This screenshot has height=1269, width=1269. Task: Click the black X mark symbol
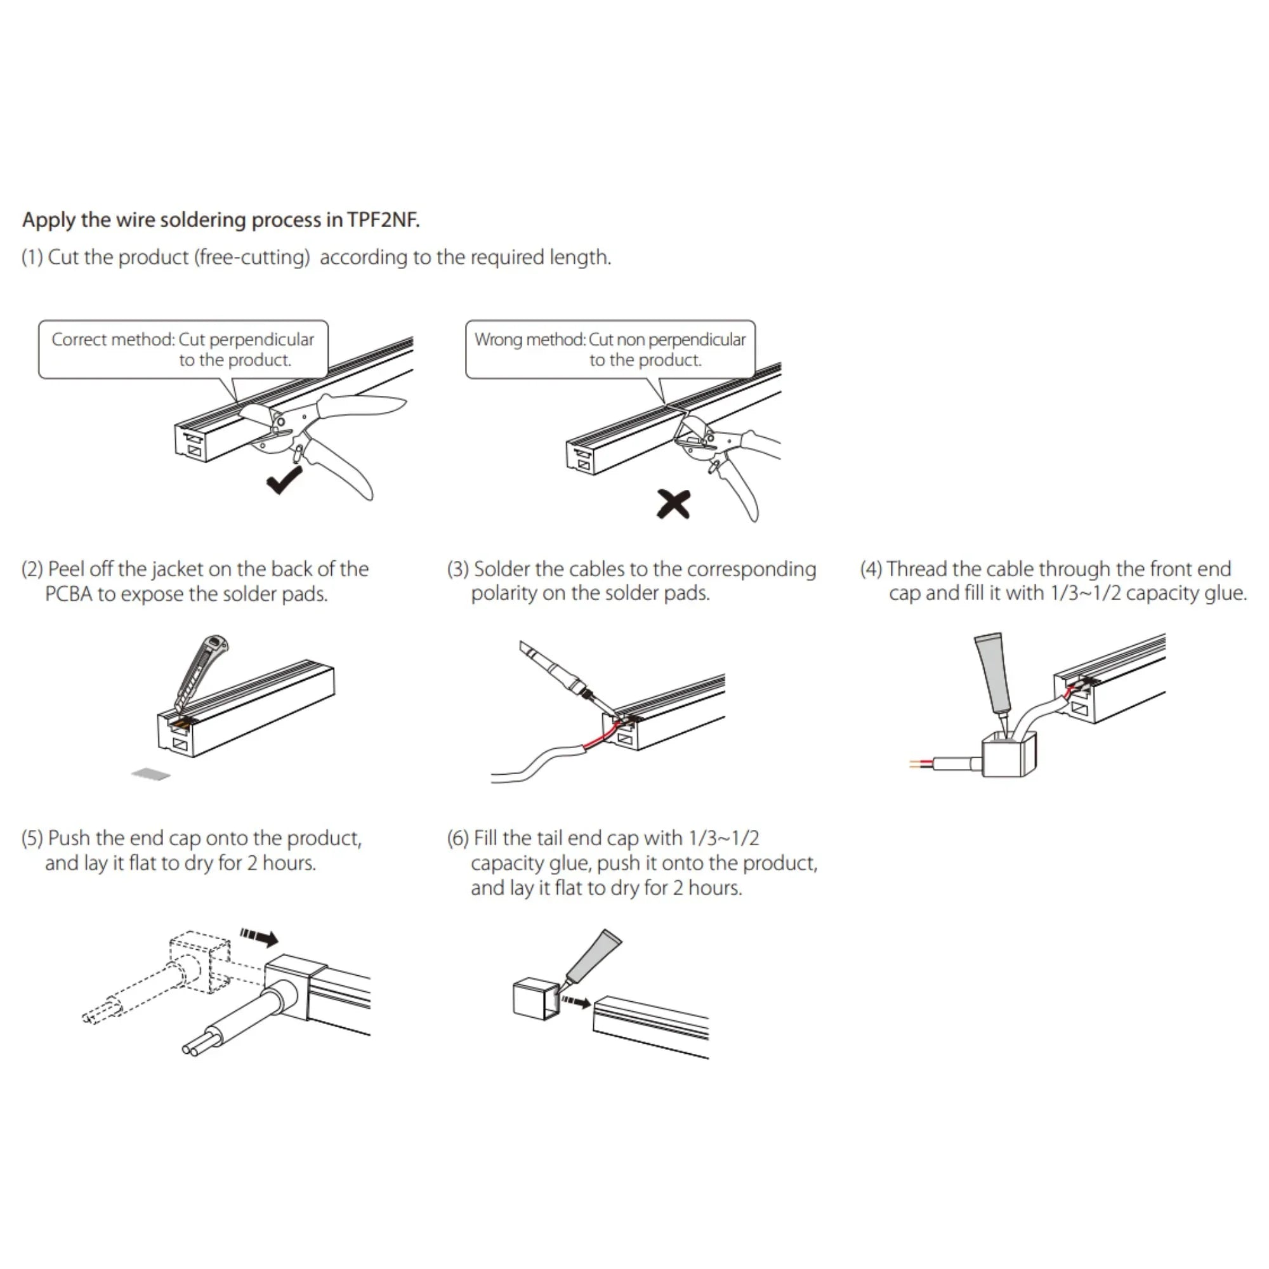click(673, 504)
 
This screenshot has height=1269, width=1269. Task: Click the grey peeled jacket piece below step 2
click(150, 775)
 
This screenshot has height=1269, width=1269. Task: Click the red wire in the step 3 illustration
click(601, 739)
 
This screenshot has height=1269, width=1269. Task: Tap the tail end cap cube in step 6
click(534, 998)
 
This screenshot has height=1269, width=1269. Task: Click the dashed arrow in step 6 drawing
click(577, 1003)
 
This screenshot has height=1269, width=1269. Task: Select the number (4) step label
click(871, 569)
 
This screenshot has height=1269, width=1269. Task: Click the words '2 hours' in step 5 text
click(281, 863)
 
